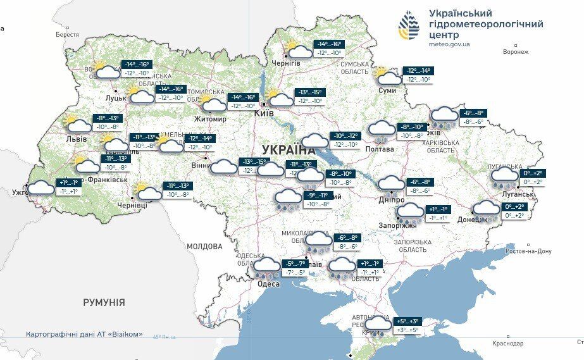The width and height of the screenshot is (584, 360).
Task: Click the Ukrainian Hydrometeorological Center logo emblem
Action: click(409, 27)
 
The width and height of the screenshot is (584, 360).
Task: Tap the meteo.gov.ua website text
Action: click(450, 44)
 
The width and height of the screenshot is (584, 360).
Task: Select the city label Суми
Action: click(387, 90)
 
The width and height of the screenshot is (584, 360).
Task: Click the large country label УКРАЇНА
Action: click(288, 151)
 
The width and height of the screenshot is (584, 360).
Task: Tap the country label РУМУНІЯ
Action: click(104, 302)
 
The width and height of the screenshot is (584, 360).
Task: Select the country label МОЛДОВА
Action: click(204, 246)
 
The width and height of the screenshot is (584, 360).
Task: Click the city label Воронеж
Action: click(515, 52)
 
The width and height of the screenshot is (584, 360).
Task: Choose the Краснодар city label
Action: click(508, 343)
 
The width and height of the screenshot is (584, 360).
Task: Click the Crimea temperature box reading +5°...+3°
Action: click(407, 321)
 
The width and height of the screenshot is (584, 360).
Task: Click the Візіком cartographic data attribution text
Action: click(84, 334)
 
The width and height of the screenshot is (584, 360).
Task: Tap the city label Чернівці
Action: click(132, 206)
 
